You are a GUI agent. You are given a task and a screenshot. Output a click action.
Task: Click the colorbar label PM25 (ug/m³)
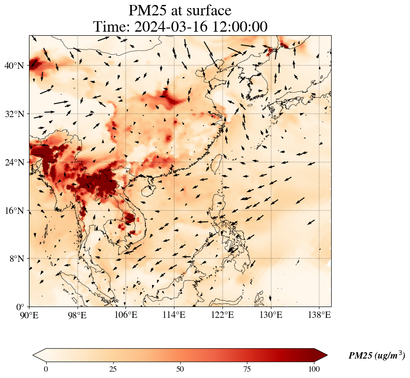click(376, 356)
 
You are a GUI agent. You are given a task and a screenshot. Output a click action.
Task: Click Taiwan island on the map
click(217, 163)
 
